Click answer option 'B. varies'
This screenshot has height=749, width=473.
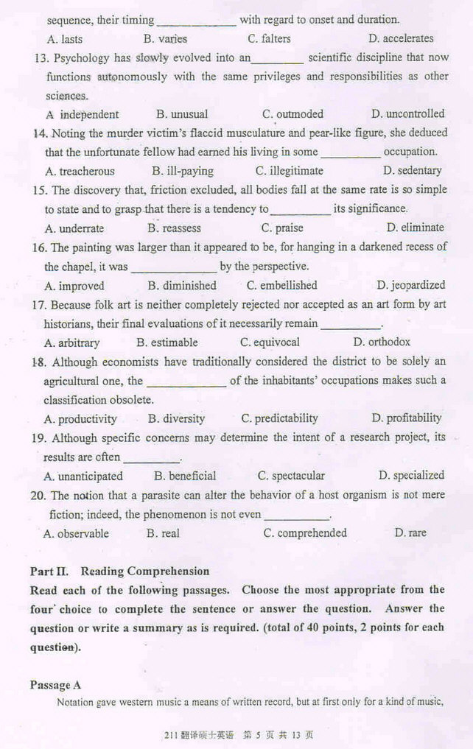[165, 38]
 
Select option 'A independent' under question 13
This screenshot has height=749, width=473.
[82, 114]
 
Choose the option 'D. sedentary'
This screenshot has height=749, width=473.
[409, 171]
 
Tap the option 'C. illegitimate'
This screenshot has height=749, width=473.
[289, 171]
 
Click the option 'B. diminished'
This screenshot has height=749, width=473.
[182, 285]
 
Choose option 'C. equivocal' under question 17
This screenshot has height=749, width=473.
[270, 342]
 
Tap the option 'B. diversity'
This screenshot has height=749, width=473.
[176, 418]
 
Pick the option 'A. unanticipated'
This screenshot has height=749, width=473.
[83, 476]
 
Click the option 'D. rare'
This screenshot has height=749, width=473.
[410, 532]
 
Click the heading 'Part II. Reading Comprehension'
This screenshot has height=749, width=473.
[119, 571]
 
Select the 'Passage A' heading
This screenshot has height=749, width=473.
[55, 685]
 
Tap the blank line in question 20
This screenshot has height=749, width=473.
[296, 516]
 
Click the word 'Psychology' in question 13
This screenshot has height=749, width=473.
[81, 57]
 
